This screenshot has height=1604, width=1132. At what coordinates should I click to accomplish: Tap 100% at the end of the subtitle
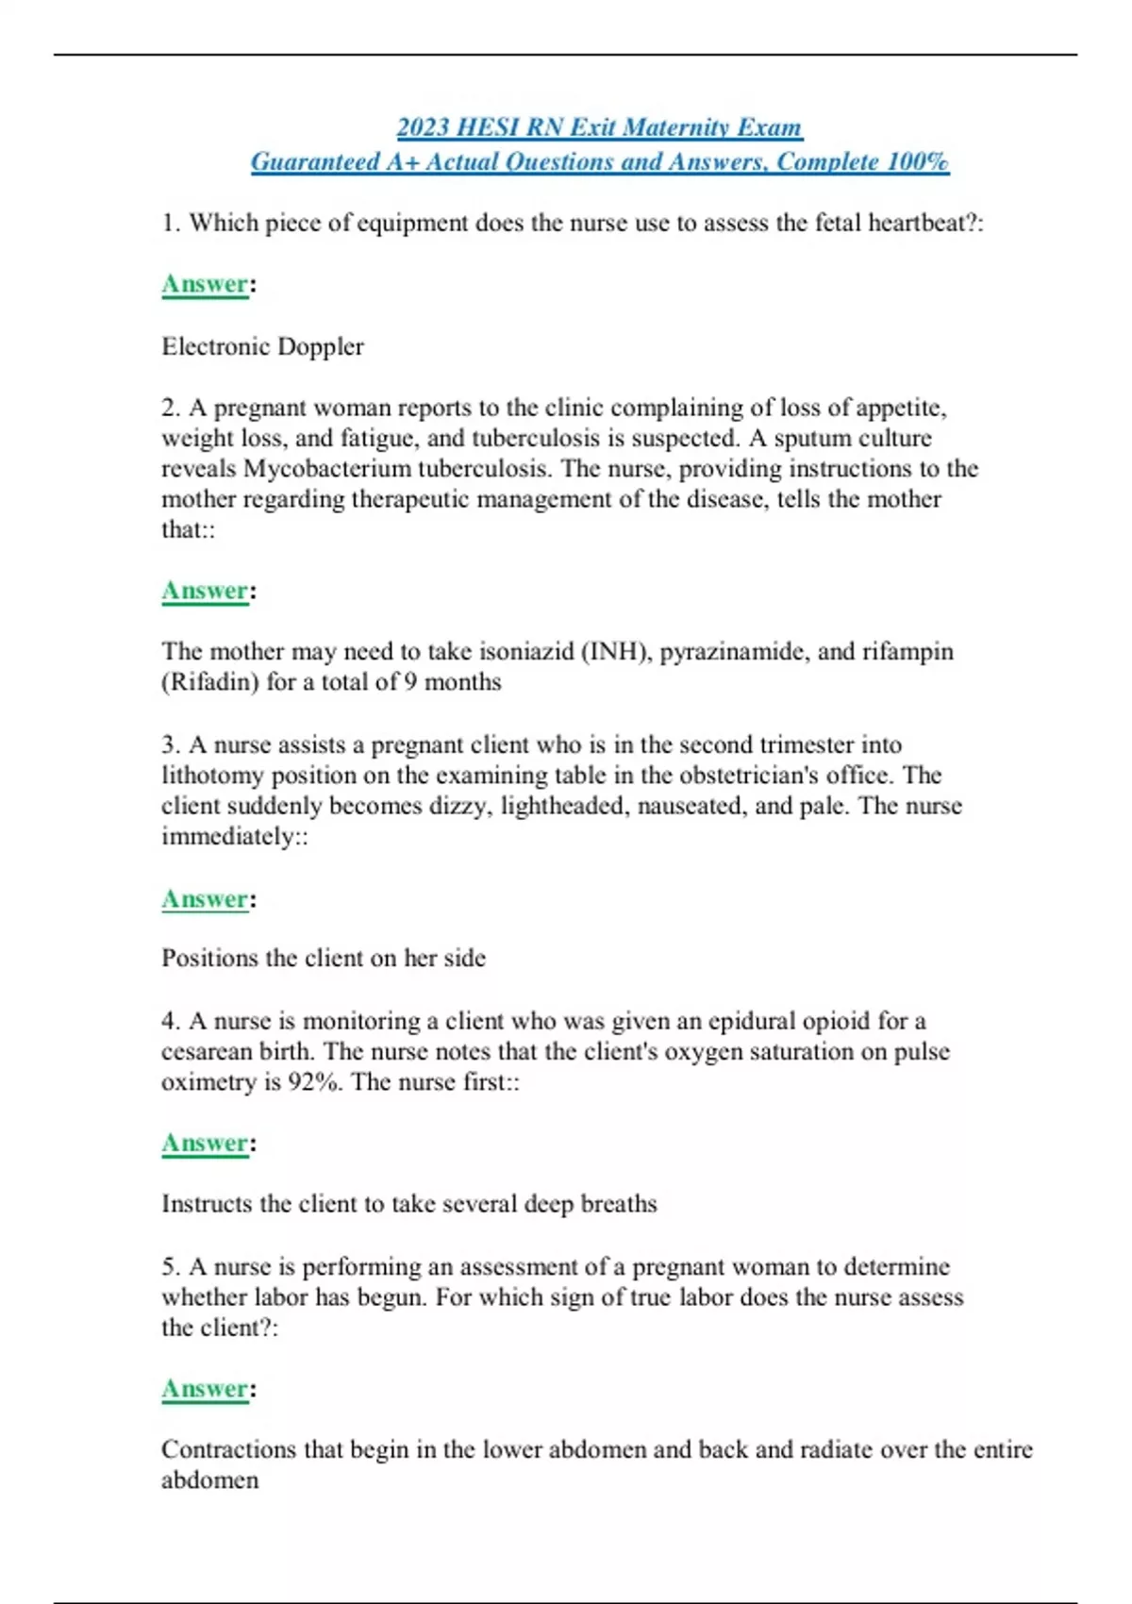pyautogui.click(x=917, y=162)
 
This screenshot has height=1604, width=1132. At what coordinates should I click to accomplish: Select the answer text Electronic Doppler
pyautogui.click(x=262, y=346)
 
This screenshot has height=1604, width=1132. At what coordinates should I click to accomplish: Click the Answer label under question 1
pyautogui.click(x=205, y=284)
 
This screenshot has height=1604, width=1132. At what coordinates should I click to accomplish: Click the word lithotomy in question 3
pyautogui.click(x=212, y=776)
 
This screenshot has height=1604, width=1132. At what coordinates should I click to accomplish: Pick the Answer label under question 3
pyautogui.click(x=205, y=899)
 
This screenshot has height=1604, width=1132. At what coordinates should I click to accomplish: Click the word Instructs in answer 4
pyautogui.click(x=207, y=1204)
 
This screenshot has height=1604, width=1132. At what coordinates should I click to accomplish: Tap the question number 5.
pyautogui.click(x=170, y=1266)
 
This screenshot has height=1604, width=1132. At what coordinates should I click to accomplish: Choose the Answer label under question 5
pyautogui.click(x=205, y=1389)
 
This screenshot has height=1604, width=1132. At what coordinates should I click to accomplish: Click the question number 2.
pyautogui.click(x=170, y=408)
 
